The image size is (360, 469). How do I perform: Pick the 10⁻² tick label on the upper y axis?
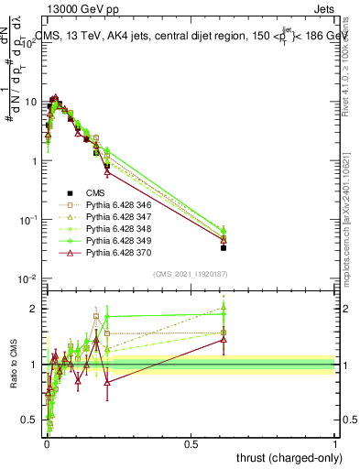27,278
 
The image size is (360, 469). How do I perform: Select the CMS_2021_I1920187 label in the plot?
191,274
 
